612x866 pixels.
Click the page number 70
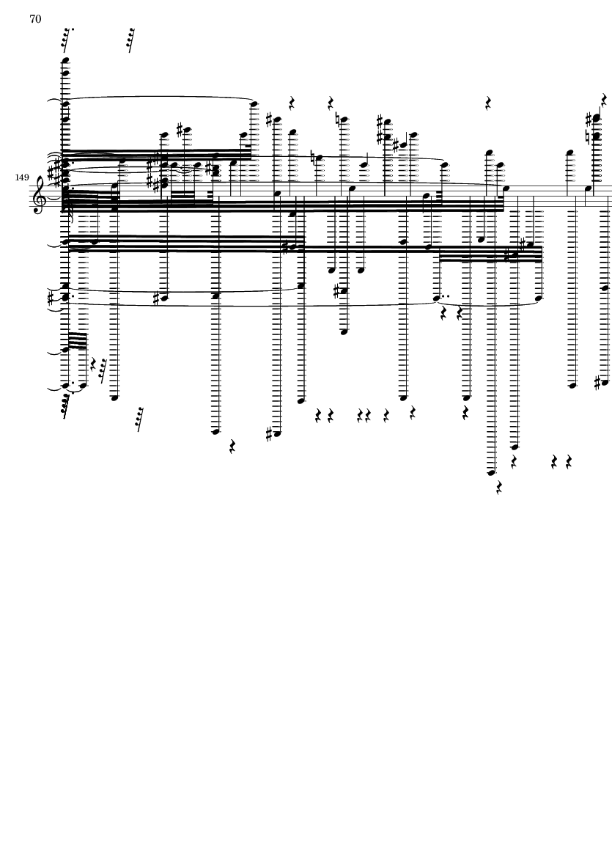pos(35,19)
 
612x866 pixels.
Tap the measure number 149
pos(22,177)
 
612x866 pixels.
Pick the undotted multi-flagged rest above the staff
pos(130,40)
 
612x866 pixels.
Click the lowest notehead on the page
pos(491,472)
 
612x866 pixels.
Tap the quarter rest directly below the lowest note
pos(499,487)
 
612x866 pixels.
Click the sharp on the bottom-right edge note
pos(597,382)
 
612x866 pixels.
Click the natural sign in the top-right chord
pos(589,136)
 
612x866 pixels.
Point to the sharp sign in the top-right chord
pos(589,118)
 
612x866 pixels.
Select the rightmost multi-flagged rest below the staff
pos(139,419)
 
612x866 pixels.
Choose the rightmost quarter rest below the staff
pos(569,462)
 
